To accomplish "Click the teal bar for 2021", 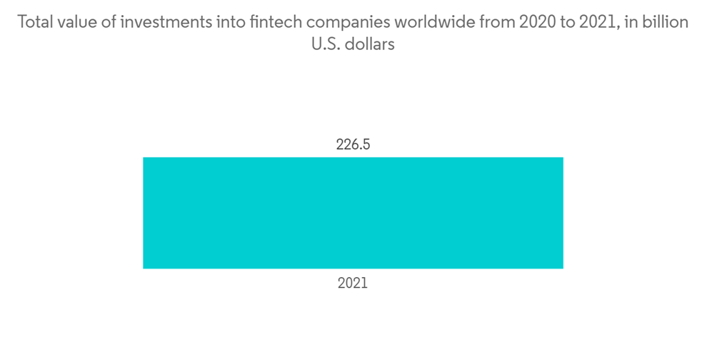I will point(353,213).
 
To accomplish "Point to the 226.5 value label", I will point(353,145).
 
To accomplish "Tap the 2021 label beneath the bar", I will point(353,284).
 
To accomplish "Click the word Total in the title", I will point(35,22).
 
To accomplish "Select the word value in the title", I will point(78,22).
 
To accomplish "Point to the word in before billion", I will point(631,22).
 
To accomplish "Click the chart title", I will point(353,33).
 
